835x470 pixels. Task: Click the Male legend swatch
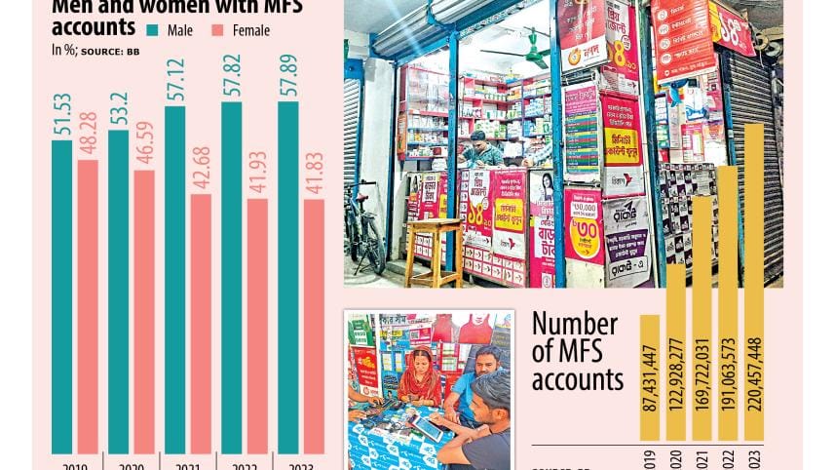pyautogui.click(x=156, y=30)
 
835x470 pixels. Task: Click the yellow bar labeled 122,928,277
pyautogui.click(x=675, y=361)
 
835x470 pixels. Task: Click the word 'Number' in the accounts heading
pyautogui.click(x=575, y=325)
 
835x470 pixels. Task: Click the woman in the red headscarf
pyautogui.click(x=420, y=374)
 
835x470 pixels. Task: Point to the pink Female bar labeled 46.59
pyautogui.click(x=144, y=312)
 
